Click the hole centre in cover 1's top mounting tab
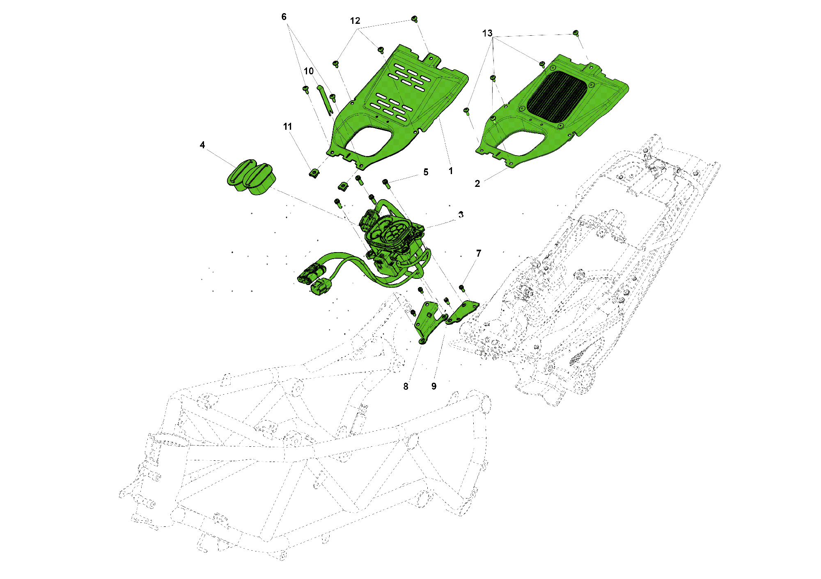431,58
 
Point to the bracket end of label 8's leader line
422,342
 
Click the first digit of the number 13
485,33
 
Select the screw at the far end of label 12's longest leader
415,19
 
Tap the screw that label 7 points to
462,288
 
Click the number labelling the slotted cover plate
451,171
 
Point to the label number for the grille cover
477,184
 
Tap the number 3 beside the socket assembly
461,215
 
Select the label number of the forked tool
309,71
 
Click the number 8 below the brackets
406,386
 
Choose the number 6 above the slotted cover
284,17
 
